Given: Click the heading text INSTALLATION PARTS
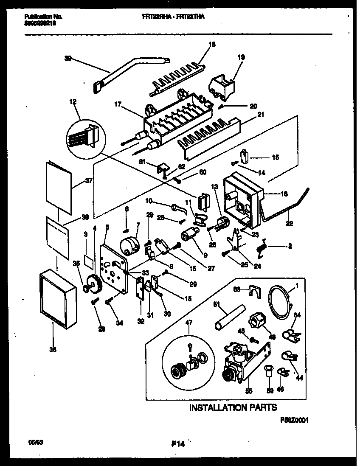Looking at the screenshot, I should coord(233,407).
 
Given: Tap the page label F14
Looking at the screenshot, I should coord(178,445).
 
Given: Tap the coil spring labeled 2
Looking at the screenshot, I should coord(261,248).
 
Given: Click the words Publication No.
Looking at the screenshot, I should coord(43,17).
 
